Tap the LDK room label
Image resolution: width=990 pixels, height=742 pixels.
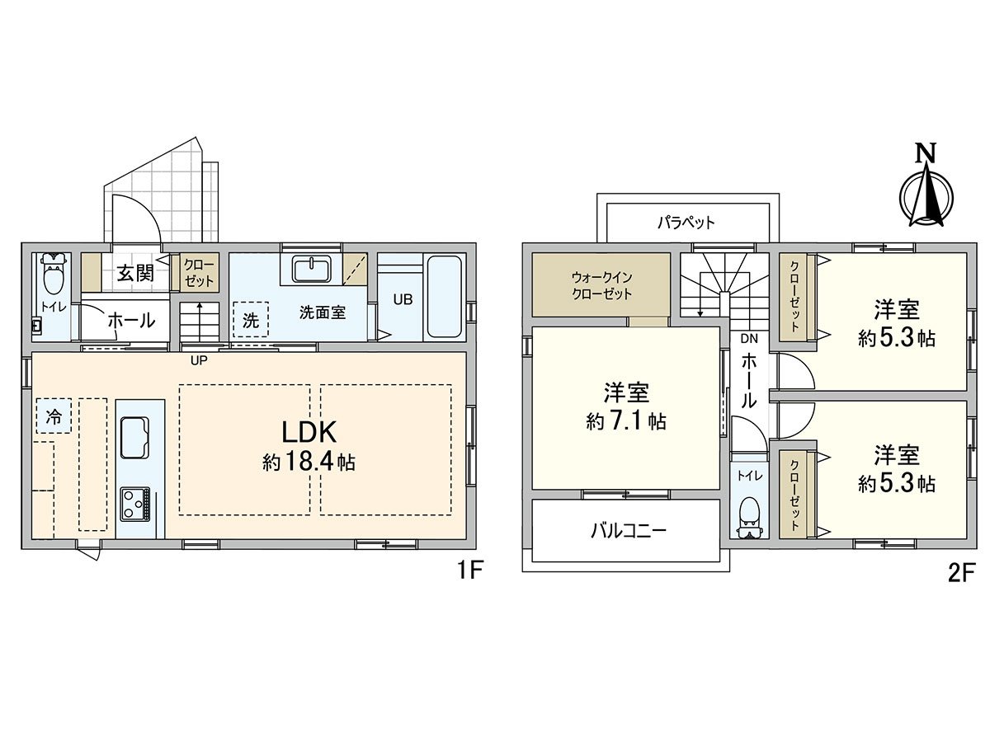pyautogui.click(x=309, y=434)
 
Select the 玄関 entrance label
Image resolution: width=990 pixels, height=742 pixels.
pyautogui.click(x=134, y=273)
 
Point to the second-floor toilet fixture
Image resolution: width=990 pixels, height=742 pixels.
pyautogui.click(x=749, y=514)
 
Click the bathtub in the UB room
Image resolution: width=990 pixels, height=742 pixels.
pyautogui.click(x=445, y=297)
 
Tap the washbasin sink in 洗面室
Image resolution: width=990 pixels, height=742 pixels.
pyautogui.click(x=312, y=269)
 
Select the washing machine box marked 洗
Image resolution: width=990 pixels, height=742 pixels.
pyautogui.click(x=250, y=321)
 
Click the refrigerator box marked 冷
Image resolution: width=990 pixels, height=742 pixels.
pyautogui.click(x=53, y=416)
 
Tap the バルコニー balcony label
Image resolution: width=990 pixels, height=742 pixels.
pyautogui.click(x=628, y=530)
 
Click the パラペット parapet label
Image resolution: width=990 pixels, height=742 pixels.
pyautogui.click(x=686, y=222)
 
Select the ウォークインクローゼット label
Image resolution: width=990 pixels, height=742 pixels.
pyautogui.click(x=601, y=285)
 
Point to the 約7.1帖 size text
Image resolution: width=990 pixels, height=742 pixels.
pyautogui.click(x=626, y=422)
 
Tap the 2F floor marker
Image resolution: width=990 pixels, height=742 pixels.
pyautogui.click(x=961, y=571)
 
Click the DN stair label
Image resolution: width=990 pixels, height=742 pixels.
pyautogui.click(x=748, y=338)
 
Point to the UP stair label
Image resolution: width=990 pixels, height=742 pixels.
pyautogui.click(x=199, y=360)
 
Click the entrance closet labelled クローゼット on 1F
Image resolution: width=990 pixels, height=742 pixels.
pyautogui.click(x=199, y=274)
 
